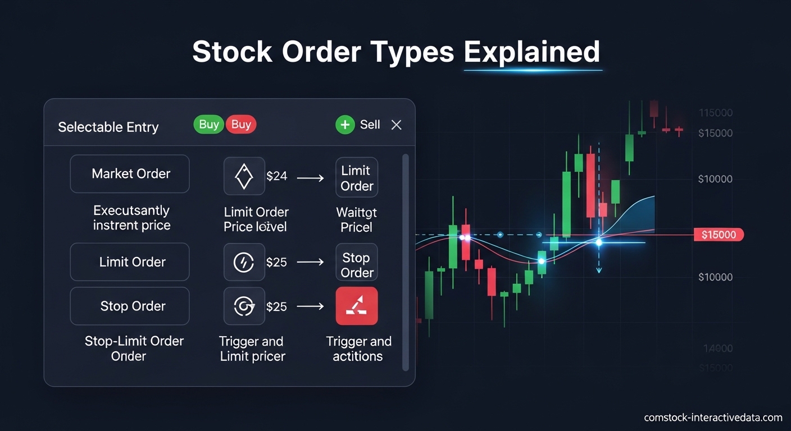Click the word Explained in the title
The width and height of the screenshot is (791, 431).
pos(531,52)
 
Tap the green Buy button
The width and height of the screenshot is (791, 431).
pos(208,124)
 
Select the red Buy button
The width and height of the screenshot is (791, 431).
pos(241,124)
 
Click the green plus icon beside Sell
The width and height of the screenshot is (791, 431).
pos(344,125)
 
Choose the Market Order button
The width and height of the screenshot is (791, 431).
pos(130,174)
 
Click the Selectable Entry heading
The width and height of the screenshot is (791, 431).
pos(108,127)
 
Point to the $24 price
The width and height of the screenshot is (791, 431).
pos(276,176)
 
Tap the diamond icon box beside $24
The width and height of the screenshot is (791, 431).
pos(244,176)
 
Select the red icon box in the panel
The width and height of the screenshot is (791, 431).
pos(357,306)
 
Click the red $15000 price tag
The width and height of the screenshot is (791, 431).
pos(719,235)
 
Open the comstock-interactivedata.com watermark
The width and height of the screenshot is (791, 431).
pos(713,418)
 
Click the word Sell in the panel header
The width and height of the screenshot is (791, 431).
pos(370,125)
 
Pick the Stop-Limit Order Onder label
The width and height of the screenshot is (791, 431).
pos(134,349)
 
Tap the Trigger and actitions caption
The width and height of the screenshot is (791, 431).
pos(358,349)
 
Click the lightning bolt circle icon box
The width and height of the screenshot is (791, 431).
pos(244,262)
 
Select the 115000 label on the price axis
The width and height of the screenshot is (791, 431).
pos(715,113)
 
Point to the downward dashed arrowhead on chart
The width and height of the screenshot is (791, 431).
pos(599,270)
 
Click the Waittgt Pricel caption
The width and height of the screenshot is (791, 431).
pos(357,220)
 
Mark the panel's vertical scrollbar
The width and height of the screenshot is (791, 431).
pos(405,262)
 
